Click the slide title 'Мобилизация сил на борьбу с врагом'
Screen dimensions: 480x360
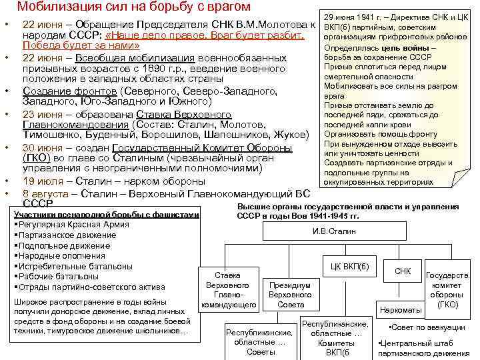134,7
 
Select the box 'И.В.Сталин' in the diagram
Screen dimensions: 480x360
334,231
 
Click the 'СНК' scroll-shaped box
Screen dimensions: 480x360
403,271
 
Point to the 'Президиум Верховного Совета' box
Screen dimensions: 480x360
291,294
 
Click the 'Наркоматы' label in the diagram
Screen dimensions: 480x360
400,310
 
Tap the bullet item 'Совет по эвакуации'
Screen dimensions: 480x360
428,327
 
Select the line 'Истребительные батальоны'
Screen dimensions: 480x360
67,266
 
